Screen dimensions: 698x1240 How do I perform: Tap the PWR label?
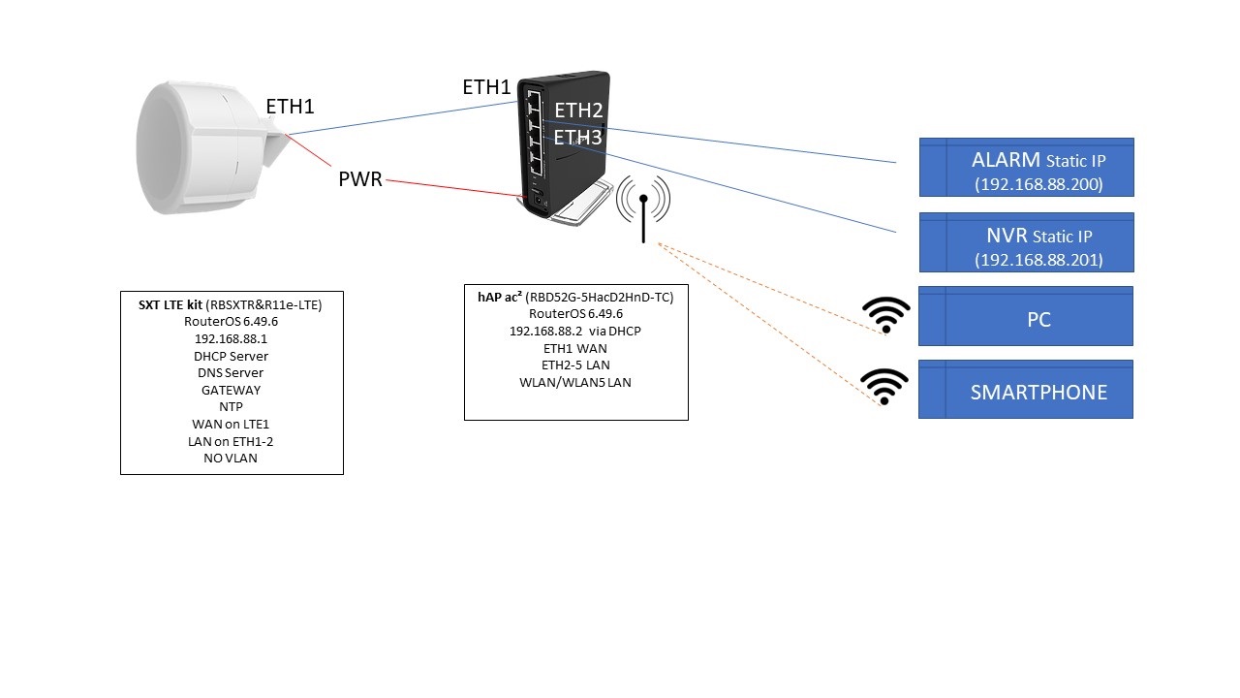359,179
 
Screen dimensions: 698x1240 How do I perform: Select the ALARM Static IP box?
1026,168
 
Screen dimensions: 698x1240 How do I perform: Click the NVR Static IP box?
1026,242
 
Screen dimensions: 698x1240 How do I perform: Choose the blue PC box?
1026,317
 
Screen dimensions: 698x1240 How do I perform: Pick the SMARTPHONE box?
1026,391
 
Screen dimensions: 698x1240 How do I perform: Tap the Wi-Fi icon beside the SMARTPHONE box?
886,387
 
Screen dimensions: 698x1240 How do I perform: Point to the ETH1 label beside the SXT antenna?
290,107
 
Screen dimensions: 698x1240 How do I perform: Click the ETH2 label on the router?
578,111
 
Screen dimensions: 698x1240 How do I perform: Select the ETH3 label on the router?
578,139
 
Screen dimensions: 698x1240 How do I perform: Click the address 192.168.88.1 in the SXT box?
232,339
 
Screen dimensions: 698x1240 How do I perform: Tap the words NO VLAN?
231,458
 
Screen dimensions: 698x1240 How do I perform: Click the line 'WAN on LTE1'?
231,424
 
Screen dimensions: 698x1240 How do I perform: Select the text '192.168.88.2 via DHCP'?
575,331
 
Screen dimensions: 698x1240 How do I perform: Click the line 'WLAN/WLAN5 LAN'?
575,382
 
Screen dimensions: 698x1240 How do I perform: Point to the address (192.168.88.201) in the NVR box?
1038,259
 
